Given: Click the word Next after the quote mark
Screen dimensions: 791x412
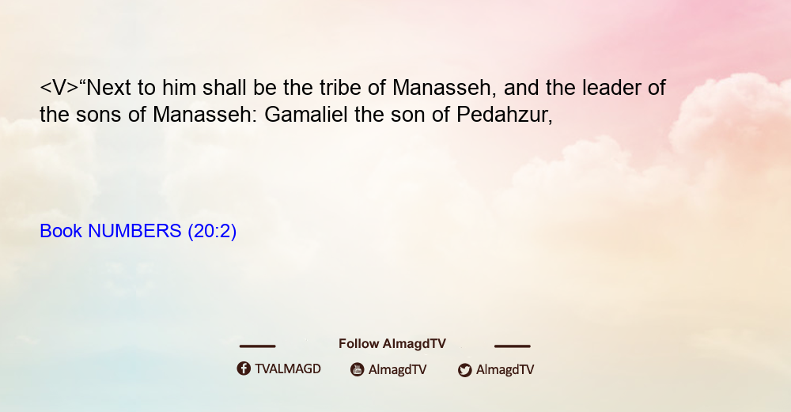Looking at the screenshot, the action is [x=109, y=87].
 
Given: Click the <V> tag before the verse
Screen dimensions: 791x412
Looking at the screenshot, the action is [x=59, y=88].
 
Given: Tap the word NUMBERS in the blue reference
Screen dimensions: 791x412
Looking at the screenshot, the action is [x=134, y=231].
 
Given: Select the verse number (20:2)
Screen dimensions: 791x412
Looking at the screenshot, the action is [x=212, y=231].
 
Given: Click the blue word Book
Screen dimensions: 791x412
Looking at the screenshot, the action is [x=61, y=231].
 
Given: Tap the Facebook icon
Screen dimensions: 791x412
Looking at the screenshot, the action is [x=244, y=369].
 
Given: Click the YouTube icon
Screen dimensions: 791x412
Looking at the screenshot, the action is [x=358, y=369].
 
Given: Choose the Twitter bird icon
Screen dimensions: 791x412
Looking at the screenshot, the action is [x=464, y=370].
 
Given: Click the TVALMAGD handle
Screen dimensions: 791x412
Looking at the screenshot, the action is [x=288, y=369].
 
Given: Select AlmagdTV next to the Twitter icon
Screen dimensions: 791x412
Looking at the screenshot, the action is [x=505, y=369].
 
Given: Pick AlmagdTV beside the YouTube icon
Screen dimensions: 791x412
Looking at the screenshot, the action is [x=398, y=369].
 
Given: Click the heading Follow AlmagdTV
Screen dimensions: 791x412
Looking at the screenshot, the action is [x=392, y=343].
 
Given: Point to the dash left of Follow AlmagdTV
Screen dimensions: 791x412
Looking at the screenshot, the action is [x=257, y=346].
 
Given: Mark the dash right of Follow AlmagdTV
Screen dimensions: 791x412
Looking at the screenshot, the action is [x=512, y=346].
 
